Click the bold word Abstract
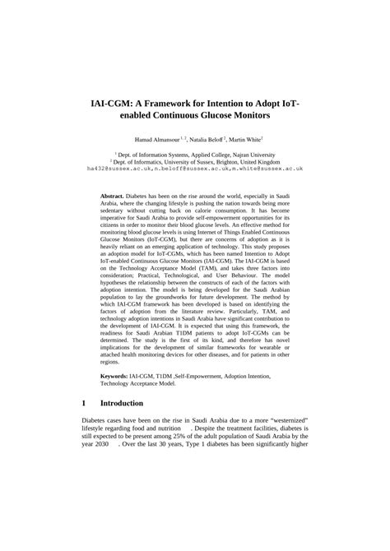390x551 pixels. [114, 197]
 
